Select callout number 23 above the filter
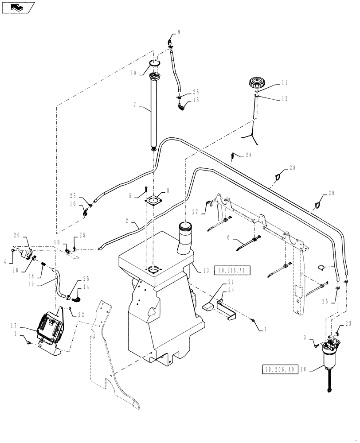coord(347,323)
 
